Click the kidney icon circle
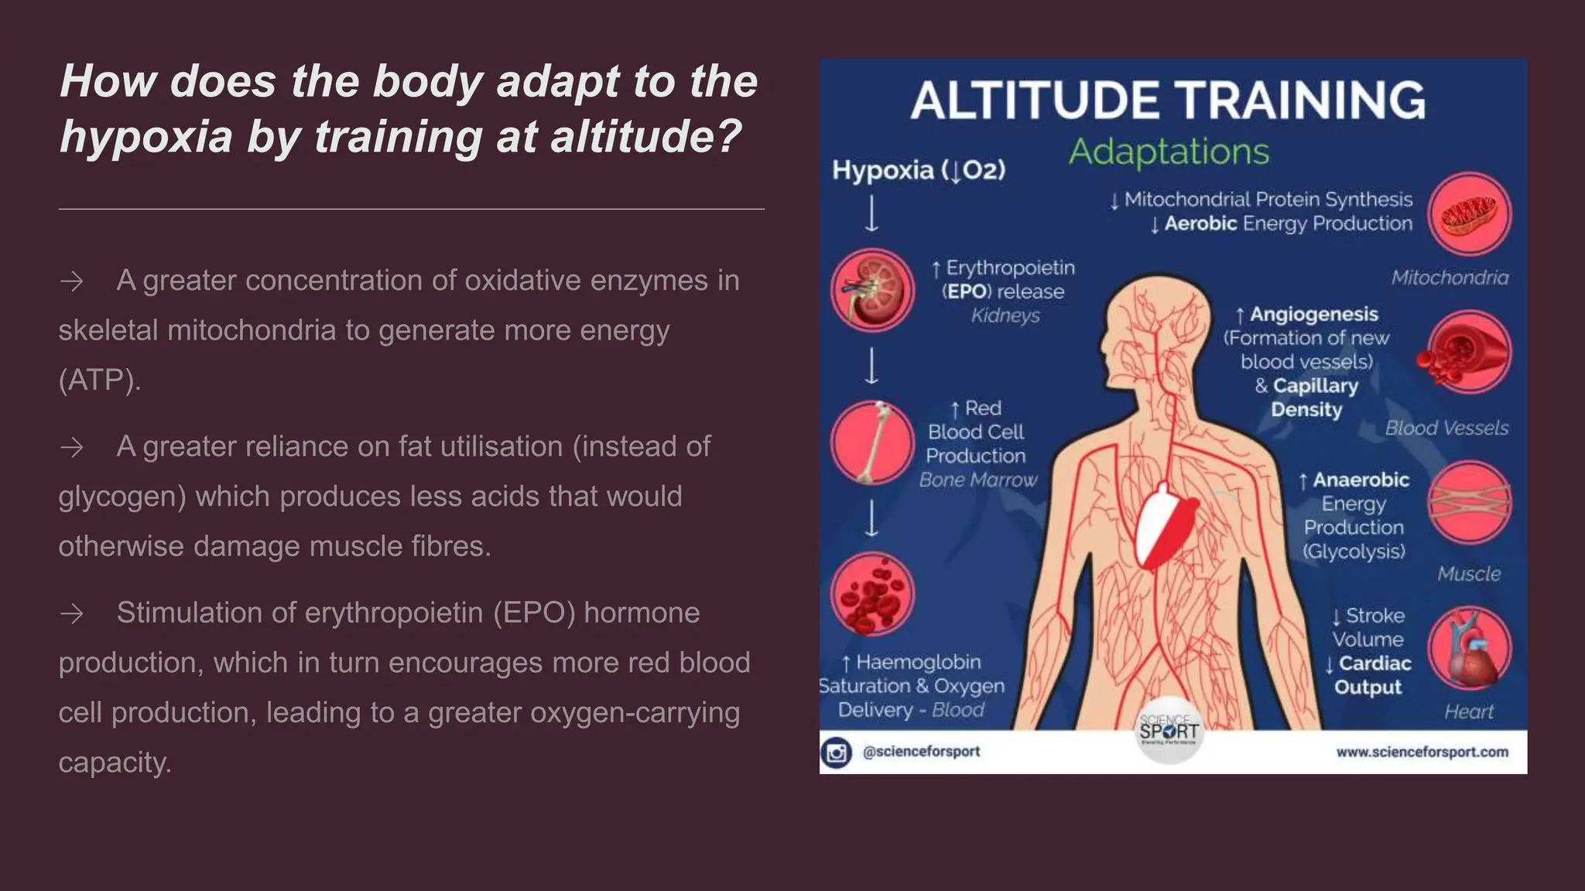pos(872,290)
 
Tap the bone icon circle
pos(872,442)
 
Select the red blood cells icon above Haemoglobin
pos(872,594)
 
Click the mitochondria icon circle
pos(1469,214)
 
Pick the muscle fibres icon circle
pos(1469,502)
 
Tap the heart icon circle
pos(1469,647)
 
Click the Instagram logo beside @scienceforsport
pos(836,753)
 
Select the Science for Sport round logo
pos(1169,731)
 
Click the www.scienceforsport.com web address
pos(1422,752)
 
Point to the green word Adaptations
pos(1169,152)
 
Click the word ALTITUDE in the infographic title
pos(1033,101)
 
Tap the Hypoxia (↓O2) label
pos(919,170)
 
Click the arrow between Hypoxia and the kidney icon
pos(872,213)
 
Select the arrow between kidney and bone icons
pos(872,366)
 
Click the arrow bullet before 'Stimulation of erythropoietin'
pos(72,614)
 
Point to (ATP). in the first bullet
pos(100,380)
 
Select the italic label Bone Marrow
pos(977,480)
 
